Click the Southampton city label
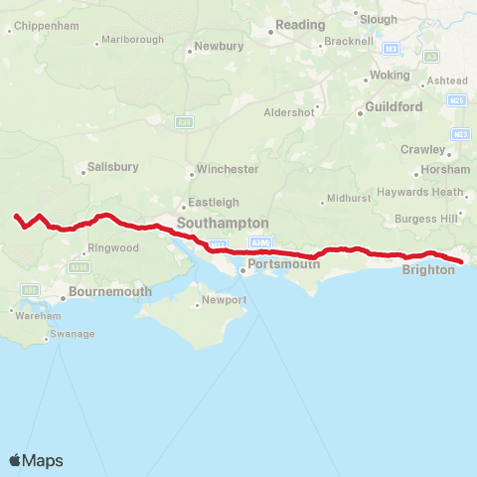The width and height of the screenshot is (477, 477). [x=223, y=224]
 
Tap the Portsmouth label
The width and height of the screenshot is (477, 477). [x=284, y=263]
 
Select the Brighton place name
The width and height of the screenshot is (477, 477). [x=428, y=268]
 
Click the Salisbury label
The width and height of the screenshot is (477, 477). [x=112, y=168]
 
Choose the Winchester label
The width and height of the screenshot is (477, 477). [x=228, y=169]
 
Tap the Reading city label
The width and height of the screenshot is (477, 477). [x=300, y=25]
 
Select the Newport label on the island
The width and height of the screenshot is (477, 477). [x=224, y=299]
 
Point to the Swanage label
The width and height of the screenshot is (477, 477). [x=73, y=334]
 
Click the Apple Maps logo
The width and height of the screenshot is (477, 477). [x=36, y=460]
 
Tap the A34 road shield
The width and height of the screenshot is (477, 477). [x=183, y=122]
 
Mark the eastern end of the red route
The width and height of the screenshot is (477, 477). [x=462, y=262]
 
